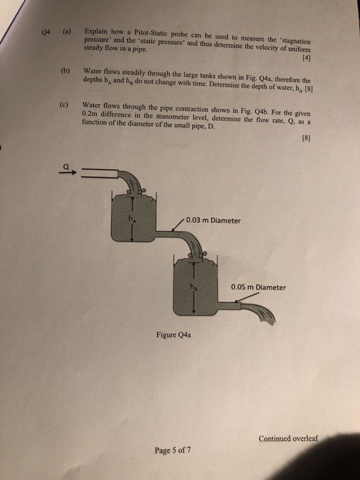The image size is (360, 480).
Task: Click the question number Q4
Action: [x=46, y=32]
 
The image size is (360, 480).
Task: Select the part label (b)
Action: [x=65, y=71]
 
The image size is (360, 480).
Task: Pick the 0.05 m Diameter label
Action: [x=259, y=287]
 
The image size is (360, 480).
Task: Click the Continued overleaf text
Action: [x=289, y=438]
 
